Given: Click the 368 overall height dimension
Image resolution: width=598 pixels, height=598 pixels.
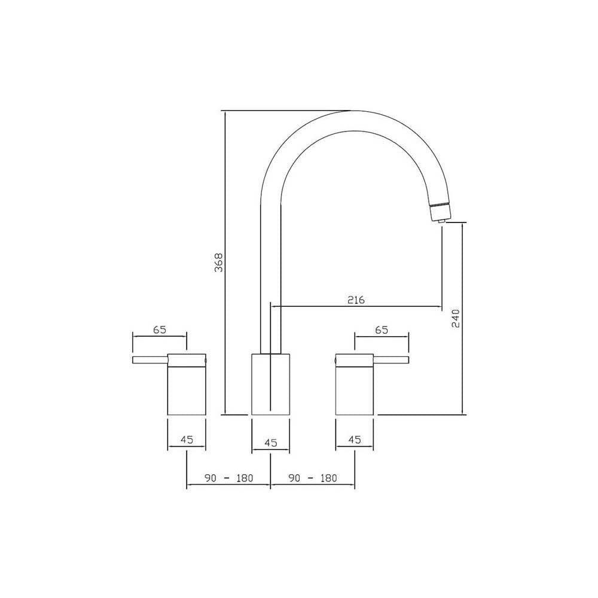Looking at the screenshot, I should tap(219, 263).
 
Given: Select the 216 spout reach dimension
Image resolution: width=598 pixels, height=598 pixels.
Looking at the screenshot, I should tap(356, 299).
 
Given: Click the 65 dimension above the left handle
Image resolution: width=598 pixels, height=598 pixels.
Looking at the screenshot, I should tap(159, 329).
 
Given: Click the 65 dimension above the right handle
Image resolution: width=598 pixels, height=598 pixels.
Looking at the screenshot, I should tap(382, 329).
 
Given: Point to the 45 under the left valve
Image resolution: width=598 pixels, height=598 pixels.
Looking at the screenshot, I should tap(187, 440).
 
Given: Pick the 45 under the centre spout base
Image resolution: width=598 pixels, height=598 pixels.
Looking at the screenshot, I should tap(270, 443).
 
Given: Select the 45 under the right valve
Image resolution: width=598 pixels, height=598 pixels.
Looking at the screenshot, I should tap(355, 440).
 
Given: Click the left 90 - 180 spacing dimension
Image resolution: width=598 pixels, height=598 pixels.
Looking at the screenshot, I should tap(229, 478).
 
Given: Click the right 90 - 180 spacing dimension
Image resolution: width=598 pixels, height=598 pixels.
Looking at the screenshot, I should tap(313, 478).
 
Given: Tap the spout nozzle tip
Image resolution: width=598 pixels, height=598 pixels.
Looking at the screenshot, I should tap(441, 219).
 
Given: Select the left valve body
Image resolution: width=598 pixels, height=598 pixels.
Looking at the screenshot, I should tap(187, 389).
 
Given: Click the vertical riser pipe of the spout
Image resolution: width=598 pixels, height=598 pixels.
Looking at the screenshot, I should tap(271, 269).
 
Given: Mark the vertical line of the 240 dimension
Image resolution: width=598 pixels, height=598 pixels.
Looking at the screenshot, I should tap(464, 359).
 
